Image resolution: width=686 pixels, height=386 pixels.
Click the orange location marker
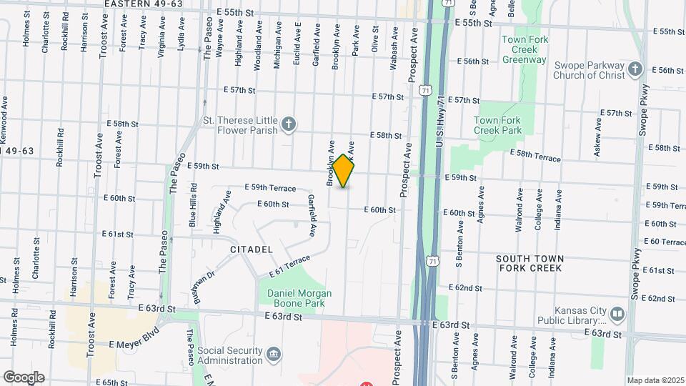point(344,172)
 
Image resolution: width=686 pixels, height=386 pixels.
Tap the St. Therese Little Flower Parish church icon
point(288,125)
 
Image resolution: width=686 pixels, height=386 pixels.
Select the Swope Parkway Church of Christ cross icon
point(635,70)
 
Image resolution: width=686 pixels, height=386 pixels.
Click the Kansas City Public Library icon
point(617,314)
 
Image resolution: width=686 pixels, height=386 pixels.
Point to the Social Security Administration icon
point(274,355)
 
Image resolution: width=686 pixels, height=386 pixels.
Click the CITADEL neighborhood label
point(251,249)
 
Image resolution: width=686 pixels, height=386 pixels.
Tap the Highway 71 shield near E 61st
point(434,262)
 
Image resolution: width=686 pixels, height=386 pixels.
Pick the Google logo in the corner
point(24,377)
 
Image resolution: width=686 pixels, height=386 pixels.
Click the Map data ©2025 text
point(655,380)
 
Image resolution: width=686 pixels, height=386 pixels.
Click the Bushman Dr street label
point(204,283)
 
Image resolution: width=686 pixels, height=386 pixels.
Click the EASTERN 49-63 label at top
point(143,4)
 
